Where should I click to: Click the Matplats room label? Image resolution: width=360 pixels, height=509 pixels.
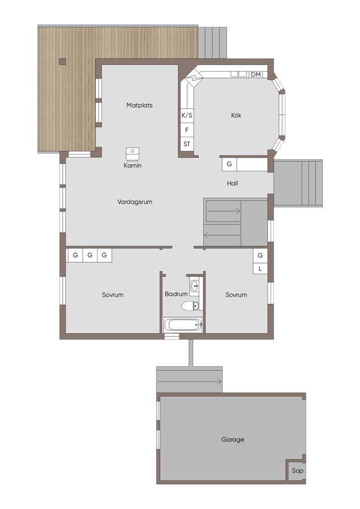[x=139, y=105]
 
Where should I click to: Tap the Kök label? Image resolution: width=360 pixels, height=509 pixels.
[x=236, y=115]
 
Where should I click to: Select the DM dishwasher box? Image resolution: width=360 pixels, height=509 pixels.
[x=256, y=75]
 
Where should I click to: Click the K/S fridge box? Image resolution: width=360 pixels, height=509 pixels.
[x=186, y=115]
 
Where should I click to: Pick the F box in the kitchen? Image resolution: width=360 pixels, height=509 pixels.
[x=186, y=130]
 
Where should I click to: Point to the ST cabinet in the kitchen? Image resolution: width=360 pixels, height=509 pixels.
[x=186, y=144]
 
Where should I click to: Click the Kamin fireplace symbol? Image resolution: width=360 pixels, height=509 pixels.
[x=132, y=154]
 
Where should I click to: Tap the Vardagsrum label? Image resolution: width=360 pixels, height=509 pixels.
[x=135, y=202]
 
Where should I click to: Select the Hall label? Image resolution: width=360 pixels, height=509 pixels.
[x=232, y=183]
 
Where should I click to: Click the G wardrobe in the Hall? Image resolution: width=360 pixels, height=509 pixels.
[x=229, y=164]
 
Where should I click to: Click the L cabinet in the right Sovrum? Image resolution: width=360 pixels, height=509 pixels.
[x=261, y=269]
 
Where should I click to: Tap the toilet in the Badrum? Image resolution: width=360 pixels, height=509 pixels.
[x=190, y=306]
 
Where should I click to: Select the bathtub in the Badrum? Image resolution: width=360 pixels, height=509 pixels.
[x=183, y=324]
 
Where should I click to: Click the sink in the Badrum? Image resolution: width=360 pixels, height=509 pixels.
[x=194, y=286]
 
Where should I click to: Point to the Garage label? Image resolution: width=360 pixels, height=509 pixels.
[x=233, y=439]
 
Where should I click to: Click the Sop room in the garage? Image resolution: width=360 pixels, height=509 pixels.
[x=297, y=470]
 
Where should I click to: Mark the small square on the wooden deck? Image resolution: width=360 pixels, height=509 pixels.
[x=63, y=62]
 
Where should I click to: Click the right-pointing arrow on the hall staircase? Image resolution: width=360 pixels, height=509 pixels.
[x=224, y=211]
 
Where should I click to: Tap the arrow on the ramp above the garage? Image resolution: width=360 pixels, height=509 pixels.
[x=189, y=382]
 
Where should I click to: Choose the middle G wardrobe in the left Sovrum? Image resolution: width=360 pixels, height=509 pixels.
[x=90, y=255]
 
